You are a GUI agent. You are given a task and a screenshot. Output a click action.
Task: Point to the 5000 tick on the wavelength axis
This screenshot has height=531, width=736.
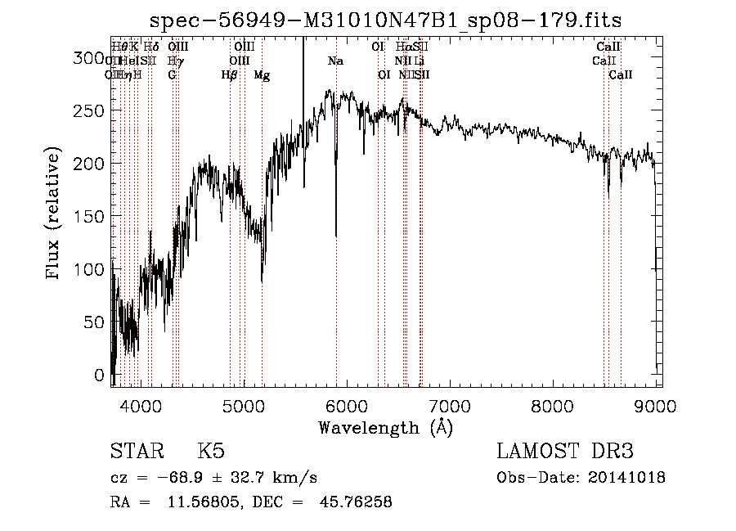244,406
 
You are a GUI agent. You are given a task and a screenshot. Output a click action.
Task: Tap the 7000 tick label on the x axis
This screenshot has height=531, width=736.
450,406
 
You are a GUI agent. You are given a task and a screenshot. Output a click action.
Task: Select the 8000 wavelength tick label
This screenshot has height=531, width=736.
553,406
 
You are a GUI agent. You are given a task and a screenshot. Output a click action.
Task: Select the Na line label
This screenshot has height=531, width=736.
335,61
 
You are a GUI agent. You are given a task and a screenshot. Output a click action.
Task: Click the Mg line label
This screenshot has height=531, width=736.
262,74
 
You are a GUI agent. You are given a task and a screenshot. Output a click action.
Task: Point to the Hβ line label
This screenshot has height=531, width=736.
230,74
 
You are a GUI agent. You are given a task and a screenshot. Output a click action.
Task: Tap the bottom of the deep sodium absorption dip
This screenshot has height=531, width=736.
336,236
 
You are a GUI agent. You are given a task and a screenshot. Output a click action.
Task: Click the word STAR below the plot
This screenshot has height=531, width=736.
138,452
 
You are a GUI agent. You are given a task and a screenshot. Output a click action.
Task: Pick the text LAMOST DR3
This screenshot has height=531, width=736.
565,452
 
